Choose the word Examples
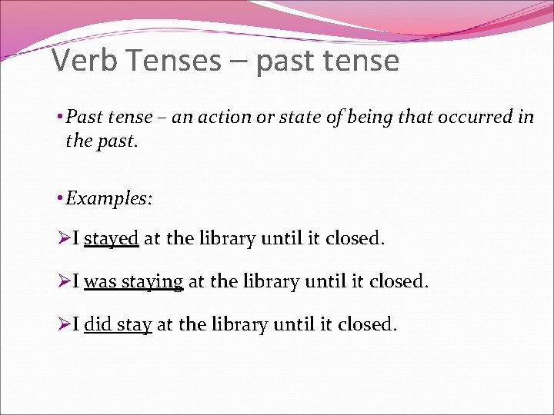pyautogui.click(x=108, y=198)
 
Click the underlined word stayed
pyautogui.click(x=111, y=239)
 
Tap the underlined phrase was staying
pyautogui.click(x=133, y=282)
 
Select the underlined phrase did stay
pyautogui.click(x=118, y=324)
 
